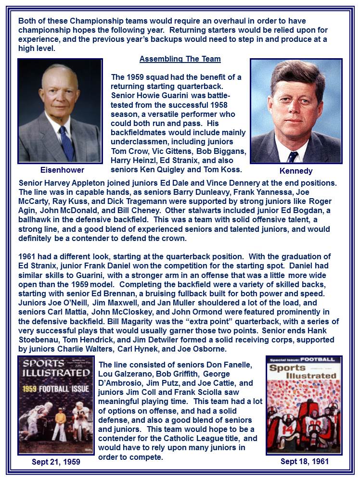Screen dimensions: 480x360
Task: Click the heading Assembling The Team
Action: click(180, 59)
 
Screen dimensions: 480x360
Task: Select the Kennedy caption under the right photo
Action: click(296, 171)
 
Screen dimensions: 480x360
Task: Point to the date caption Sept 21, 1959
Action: click(56, 462)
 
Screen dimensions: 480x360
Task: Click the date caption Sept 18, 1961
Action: click(304, 461)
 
